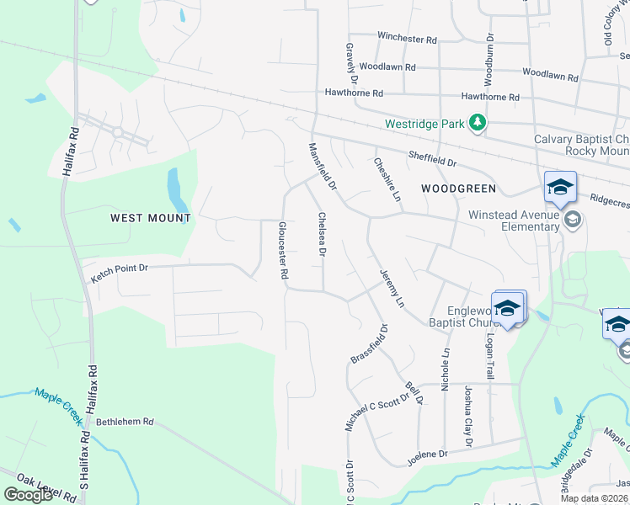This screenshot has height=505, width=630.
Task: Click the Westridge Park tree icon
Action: pos(478,124)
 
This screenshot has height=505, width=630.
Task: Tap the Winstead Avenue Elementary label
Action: pos(515,221)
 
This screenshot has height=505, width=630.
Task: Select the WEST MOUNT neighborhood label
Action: pos(151,218)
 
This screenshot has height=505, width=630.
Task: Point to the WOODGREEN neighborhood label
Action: pos(459,188)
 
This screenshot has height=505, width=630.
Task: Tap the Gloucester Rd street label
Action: pos(283,250)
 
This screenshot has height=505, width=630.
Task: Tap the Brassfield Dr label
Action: pos(368,344)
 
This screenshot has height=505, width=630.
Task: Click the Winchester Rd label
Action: pos(408,39)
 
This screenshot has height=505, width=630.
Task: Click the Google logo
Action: pos(29,495)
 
